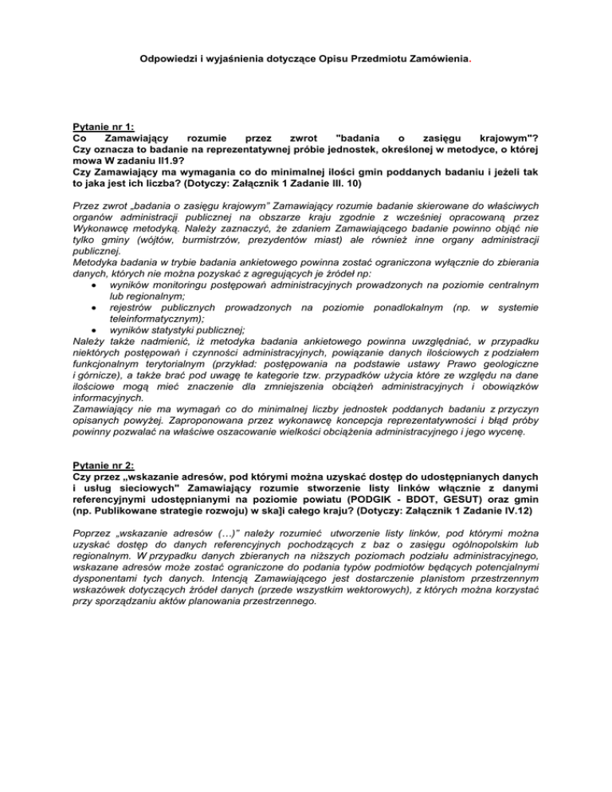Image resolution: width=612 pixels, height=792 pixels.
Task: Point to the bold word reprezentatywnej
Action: [273, 150]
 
